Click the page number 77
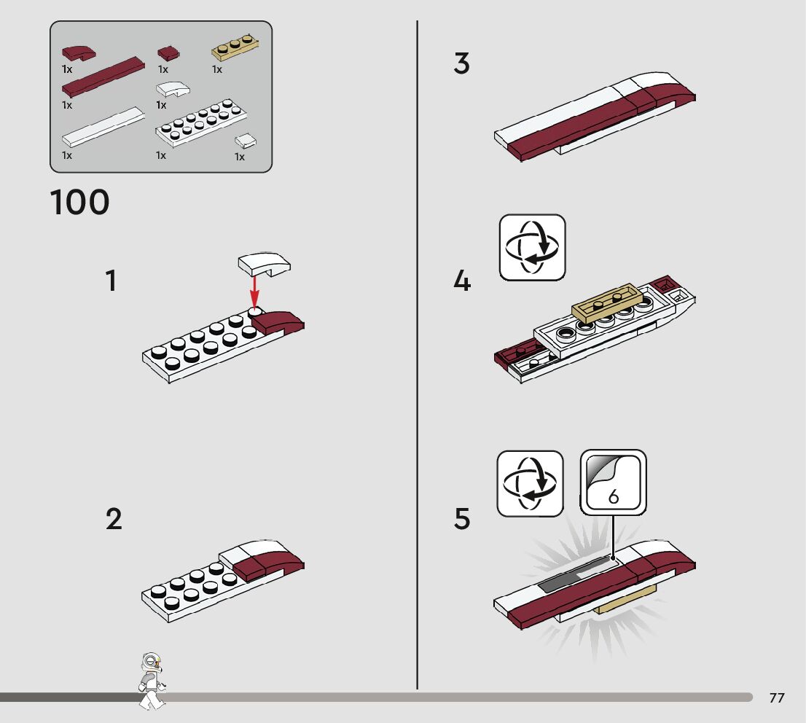(x=777, y=698)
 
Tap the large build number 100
(x=80, y=202)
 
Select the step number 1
(x=111, y=281)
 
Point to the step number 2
(x=114, y=520)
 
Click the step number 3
(x=461, y=64)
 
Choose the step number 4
(x=462, y=281)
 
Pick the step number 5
(x=462, y=520)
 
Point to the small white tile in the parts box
(x=246, y=140)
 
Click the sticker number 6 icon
(x=613, y=482)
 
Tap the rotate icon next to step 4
(x=532, y=247)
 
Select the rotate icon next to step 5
(x=530, y=483)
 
